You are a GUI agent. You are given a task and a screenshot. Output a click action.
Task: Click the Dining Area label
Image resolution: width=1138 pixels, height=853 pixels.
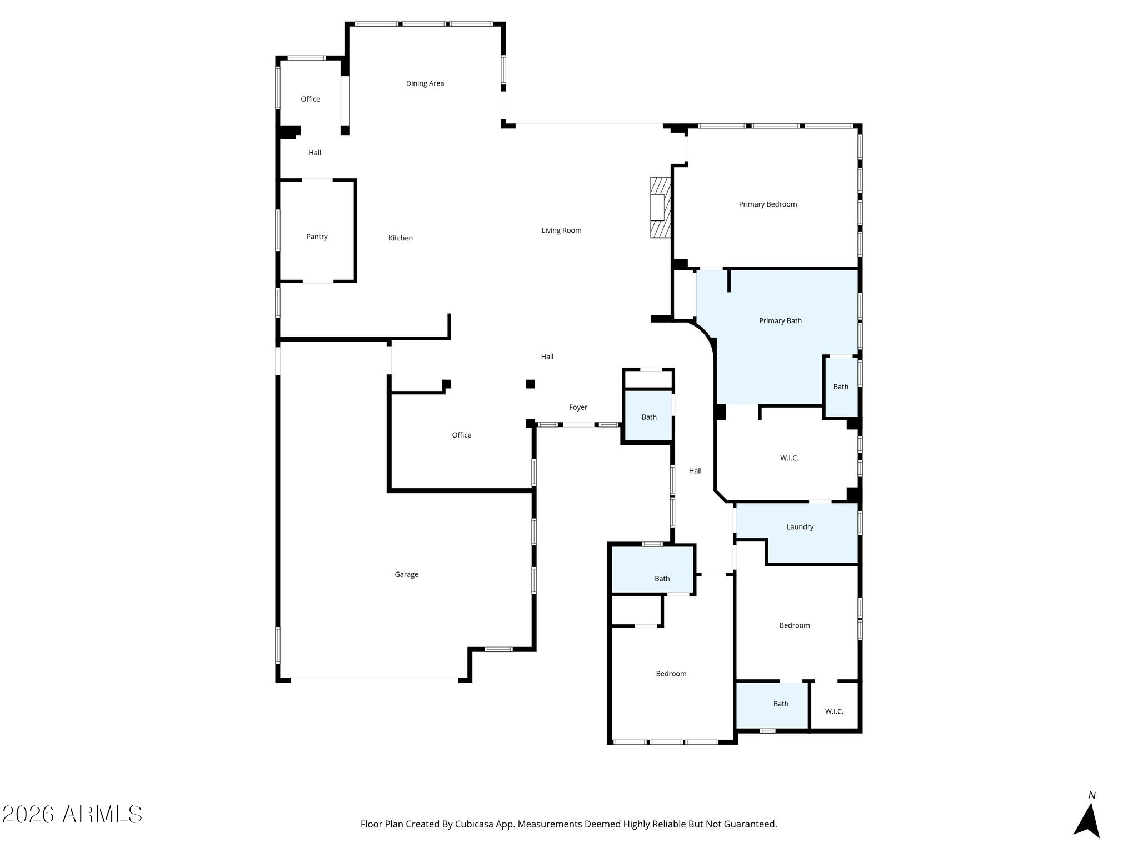point(425,83)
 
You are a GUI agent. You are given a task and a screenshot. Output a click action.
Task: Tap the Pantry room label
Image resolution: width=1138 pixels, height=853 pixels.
point(317,237)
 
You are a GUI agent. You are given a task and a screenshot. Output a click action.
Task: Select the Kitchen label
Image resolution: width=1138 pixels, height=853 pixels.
point(401,238)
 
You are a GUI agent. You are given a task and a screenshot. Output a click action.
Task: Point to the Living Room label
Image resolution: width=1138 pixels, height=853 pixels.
point(561,230)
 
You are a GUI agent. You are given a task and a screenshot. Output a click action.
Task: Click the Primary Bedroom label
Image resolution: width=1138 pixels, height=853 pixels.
point(768,204)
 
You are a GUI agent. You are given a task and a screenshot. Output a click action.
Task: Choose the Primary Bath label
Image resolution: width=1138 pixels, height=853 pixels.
point(780,321)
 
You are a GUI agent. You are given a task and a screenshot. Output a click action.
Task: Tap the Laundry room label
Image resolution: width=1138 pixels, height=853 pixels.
point(800,527)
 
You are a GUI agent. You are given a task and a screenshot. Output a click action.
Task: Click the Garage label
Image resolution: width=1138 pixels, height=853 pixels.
point(407,575)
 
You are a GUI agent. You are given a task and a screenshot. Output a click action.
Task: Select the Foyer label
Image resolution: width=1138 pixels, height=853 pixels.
point(578,408)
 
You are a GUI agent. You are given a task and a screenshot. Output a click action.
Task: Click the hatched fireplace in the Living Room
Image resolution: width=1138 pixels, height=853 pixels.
point(661,208)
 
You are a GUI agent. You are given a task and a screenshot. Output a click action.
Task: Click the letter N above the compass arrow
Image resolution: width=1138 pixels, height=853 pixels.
point(1092,795)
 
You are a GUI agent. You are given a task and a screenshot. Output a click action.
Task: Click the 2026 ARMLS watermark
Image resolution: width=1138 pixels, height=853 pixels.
point(72,815)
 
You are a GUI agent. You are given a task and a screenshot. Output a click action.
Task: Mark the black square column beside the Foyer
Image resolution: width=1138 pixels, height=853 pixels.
point(530,384)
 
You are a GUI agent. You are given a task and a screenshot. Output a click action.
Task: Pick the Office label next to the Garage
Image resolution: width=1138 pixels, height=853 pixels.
point(461,435)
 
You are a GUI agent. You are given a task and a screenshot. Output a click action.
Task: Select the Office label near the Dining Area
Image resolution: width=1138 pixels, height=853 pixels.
point(310,99)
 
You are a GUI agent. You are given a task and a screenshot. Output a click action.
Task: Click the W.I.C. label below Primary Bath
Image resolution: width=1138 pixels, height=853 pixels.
point(789,459)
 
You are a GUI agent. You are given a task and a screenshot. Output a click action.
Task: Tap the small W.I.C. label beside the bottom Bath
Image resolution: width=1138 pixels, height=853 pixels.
point(834,711)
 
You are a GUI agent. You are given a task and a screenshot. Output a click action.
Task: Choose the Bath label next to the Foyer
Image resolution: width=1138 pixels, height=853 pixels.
point(649,418)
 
